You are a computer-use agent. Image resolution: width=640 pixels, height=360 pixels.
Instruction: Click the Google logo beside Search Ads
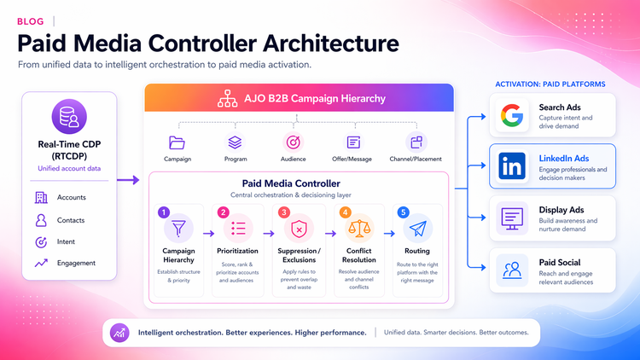point(512,116)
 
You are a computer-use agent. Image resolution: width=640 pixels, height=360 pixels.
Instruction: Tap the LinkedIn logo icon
point(512,165)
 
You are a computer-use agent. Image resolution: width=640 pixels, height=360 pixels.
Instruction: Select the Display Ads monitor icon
point(512,218)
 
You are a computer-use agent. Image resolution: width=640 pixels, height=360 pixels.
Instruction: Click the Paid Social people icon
point(512,270)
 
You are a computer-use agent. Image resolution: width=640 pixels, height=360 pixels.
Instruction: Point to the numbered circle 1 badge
point(165,212)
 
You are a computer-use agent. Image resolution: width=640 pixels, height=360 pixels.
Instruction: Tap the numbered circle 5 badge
point(403,212)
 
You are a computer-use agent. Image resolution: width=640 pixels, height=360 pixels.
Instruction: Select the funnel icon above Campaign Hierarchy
point(178,228)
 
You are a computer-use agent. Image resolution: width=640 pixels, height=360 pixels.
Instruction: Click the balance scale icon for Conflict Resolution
point(358,229)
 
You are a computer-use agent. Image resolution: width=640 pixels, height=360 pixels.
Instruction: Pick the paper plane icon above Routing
point(417,228)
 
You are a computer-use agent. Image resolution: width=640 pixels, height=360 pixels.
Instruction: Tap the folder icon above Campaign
point(177,142)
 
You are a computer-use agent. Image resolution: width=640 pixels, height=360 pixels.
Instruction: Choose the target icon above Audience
point(293,142)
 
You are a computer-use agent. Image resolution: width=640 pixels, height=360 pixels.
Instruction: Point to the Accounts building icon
point(41,198)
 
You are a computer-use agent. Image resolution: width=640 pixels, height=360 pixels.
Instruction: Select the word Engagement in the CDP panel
point(76,264)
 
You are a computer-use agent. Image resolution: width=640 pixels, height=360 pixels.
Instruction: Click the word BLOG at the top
point(30,20)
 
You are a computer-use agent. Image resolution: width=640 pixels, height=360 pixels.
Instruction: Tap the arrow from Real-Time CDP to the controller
point(128,180)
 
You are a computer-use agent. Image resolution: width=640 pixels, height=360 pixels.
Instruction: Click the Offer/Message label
point(353,159)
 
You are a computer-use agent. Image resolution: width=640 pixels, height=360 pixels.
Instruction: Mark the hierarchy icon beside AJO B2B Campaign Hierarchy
point(228,99)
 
